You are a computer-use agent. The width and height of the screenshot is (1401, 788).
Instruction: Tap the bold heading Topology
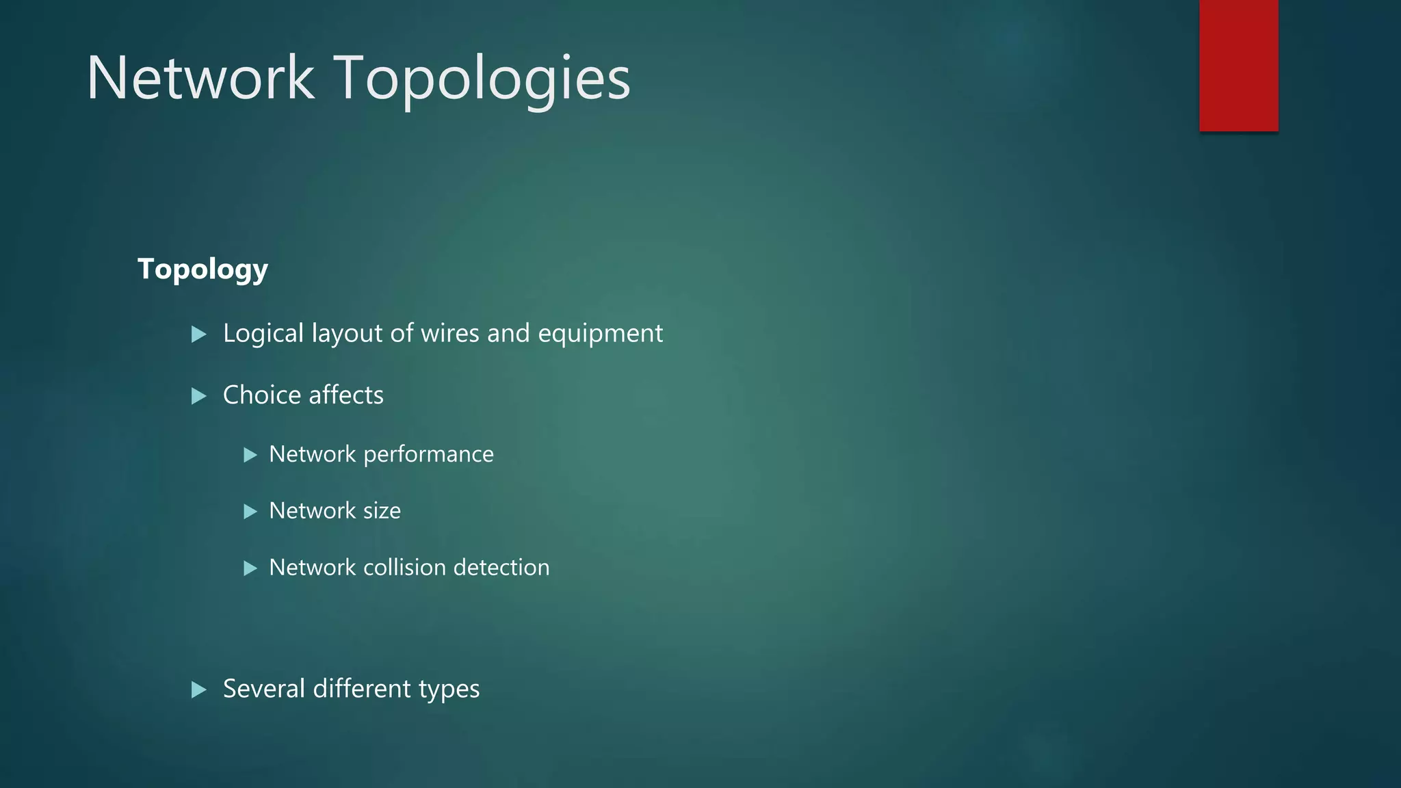tap(202, 270)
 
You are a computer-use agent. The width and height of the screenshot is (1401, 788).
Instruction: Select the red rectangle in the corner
tap(1238, 65)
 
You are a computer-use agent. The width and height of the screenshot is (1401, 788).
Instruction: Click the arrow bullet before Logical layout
tap(199, 334)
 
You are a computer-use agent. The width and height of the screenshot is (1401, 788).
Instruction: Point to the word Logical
tap(263, 334)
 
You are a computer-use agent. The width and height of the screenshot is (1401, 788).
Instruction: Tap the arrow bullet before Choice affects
tap(199, 396)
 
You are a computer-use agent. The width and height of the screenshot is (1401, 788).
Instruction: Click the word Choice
tap(262, 395)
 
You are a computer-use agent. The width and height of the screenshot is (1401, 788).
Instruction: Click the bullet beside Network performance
tap(250, 455)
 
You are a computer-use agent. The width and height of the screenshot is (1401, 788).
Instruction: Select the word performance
tap(428, 455)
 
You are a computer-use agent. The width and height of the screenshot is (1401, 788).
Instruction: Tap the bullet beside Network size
tap(250, 512)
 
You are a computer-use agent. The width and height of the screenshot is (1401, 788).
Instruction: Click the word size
tap(382, 511)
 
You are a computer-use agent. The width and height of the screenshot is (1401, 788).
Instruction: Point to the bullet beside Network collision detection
tap(250, 568)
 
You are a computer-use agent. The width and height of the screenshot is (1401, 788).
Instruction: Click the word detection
tap(501, 568)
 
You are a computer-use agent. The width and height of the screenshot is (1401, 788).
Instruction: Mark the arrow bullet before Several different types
tap(199, 689)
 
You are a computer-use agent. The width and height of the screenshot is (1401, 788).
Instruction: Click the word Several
tap(264, 689)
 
